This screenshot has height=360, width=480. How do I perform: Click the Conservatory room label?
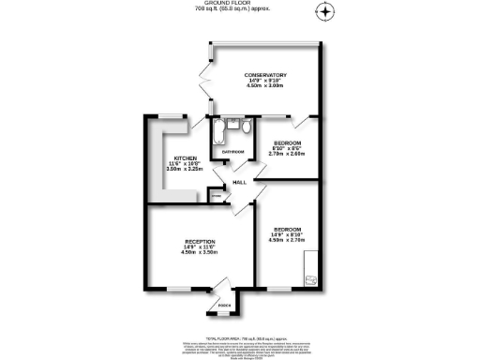click(265, 75)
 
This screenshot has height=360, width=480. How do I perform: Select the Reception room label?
click(200, 242)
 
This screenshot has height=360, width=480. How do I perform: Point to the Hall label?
click(239, 183)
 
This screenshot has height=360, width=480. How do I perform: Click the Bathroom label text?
click(232, 152)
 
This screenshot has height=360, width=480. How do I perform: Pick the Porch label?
click(224, 305)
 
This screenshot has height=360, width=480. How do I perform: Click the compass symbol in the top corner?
click(326, 12)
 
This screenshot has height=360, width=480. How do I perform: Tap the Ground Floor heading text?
click(239, 4)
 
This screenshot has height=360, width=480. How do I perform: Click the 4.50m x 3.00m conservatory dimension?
click(265, 86)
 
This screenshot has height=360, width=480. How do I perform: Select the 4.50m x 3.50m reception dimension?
click(200, 253)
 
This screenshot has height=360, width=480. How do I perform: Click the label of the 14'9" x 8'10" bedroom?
click(286, 230)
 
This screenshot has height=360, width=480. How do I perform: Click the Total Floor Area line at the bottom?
click(239, 335)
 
